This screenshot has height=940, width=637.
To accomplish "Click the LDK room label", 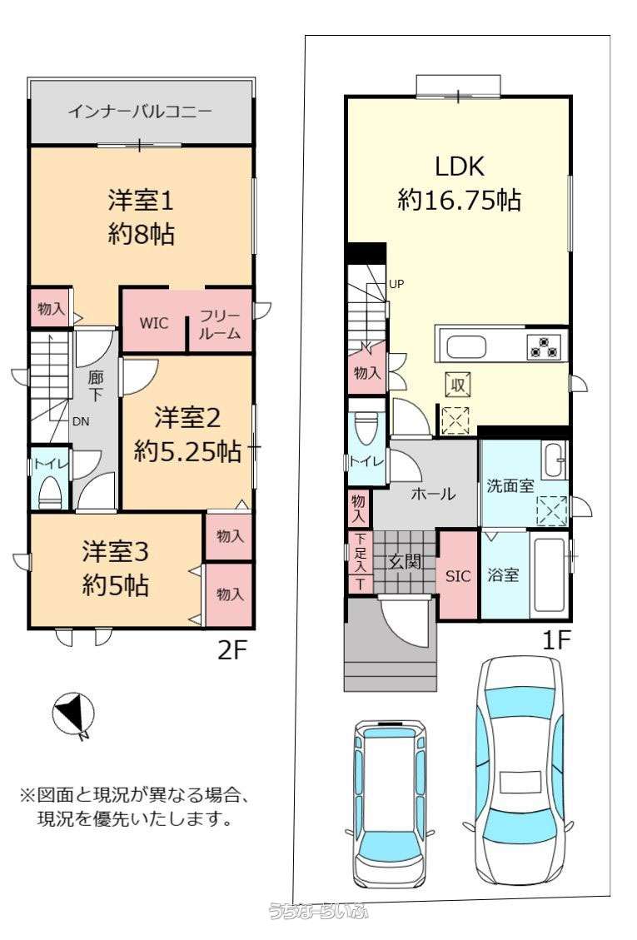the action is (x=460, y=166).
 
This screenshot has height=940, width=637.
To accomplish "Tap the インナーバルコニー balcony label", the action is (x=140, y=112).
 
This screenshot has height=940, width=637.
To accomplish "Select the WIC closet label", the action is (x=153, y=323).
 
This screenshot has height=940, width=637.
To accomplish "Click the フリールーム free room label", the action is (x=220, y=325).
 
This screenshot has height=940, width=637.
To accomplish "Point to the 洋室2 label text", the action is (x=187, y=417).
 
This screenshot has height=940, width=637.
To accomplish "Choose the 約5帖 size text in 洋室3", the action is (x=115, y=584).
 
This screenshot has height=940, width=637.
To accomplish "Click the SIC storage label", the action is (x=458, y=577).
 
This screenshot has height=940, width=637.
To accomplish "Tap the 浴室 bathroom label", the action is (x=503, y=575).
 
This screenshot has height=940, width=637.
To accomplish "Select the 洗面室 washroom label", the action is (x=510, y=485).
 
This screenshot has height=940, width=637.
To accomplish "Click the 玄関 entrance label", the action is (x=405, y=562).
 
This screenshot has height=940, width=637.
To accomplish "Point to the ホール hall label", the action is (x=433, y=494).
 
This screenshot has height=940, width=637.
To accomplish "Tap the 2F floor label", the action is (x=232, y=650).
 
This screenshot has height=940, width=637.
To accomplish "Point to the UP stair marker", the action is (x=396, y=284).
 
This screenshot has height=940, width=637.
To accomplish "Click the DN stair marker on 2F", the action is (x=81, y=421).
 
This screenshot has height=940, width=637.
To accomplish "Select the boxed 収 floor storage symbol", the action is (x=458, y=385).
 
